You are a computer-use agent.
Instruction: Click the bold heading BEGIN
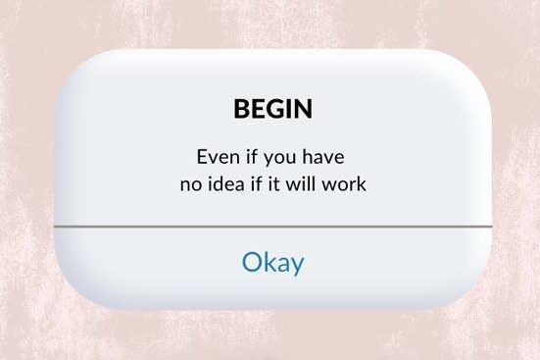(272, 109)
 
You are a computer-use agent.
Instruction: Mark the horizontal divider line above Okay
(272, 226)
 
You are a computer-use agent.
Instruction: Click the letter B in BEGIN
(241, 109)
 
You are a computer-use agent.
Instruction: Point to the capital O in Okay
(252, 263)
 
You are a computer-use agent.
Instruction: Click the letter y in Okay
(296, 266)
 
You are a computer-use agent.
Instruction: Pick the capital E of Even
(203, 157)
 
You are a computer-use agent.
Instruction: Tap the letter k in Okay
(268, 262)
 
